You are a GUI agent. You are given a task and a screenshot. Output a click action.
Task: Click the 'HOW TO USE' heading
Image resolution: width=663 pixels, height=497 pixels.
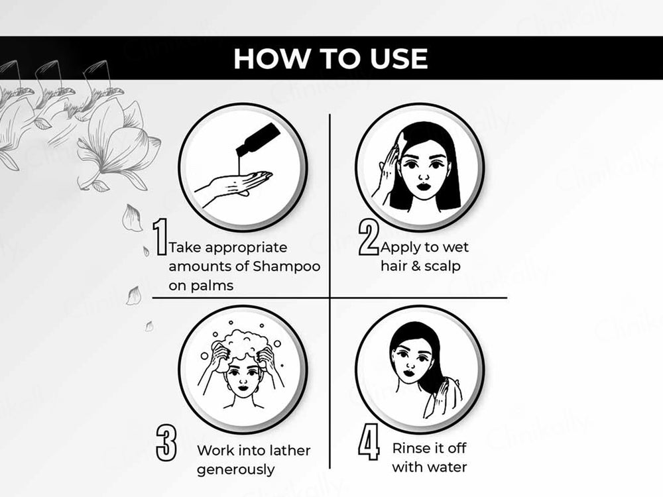point(330,58)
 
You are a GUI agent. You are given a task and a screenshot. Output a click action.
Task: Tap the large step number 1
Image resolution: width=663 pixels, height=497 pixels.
point(160,237)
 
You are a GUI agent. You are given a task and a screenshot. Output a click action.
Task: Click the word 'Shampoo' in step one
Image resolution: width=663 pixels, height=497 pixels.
point(289,266)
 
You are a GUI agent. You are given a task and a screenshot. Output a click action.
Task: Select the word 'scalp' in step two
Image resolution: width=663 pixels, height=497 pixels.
point(444,266)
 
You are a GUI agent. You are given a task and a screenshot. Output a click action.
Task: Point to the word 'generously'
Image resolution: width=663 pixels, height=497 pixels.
point(235,470)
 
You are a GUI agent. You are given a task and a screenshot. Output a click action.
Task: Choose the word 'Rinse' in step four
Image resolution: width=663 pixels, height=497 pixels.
point(411,448)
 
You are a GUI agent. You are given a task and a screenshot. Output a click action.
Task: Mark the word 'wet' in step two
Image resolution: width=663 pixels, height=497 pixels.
point(456,247)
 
